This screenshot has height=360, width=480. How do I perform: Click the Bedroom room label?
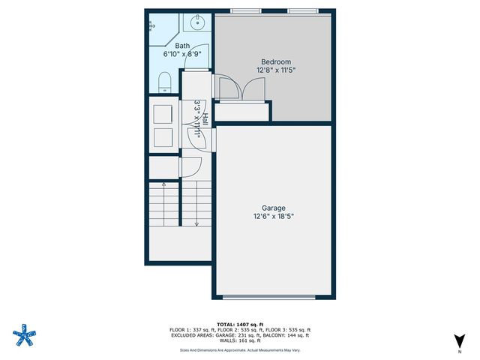(x=275, y=61)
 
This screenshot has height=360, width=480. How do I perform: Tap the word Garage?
(x=274, y=208)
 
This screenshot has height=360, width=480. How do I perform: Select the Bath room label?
(x=182, y=45)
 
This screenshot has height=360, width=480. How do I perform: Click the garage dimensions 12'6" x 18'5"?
(x=274, y=217)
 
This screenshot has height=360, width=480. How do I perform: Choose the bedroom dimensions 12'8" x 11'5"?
(x=275, y=71)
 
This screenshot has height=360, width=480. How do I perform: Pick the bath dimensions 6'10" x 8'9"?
(x=182, y=54)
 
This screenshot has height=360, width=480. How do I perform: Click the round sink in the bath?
(x=197, y=22)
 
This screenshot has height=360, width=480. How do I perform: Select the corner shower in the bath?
(x=156, y=26)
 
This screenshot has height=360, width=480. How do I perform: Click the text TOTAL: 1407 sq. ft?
(x=240, y=324)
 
